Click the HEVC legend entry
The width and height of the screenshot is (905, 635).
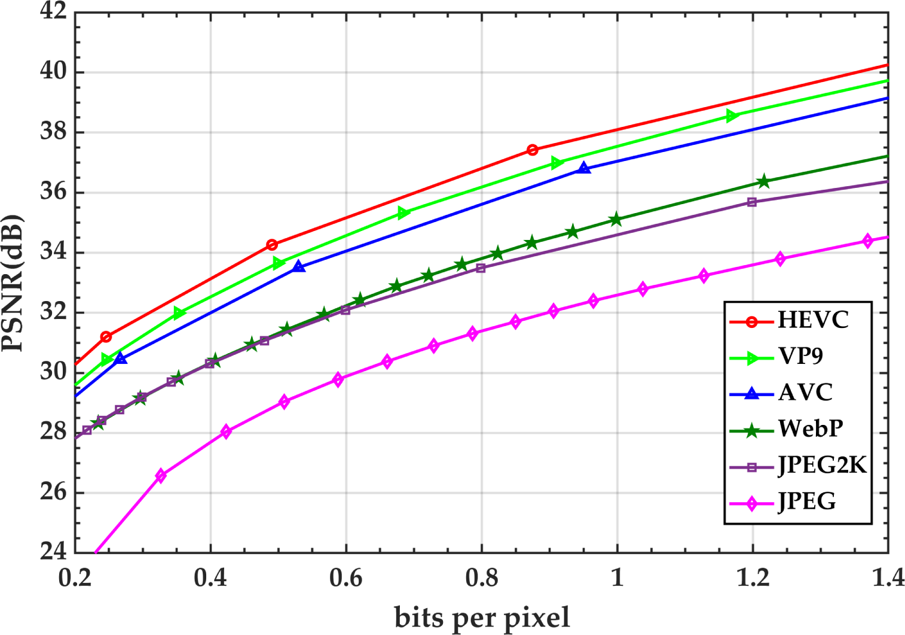click(x=812, y=320)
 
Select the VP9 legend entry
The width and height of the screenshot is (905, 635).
click(x=800, y=357)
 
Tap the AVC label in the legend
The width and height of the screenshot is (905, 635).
click(x=805, y=393)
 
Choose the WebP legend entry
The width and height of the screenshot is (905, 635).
click(x=810, y=429)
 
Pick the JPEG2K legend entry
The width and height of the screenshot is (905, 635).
click(x=822, y=465)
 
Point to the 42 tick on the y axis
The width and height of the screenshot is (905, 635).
click(x=53, y=11)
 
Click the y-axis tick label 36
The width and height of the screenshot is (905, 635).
click(x=53, y=192)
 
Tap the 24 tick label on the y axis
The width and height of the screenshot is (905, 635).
click(x=53, y=551)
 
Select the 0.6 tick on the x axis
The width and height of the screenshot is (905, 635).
click(x=346, y=579)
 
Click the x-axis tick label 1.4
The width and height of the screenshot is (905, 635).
click(x=888, y=579)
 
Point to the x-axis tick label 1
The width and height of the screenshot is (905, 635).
click(x=617, y=579)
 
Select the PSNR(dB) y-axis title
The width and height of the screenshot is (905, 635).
click(x=13, y=282)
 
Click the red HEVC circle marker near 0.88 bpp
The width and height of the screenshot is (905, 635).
click(x=533, y=150)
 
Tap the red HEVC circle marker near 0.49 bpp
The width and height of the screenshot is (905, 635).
click(x=272, y=245)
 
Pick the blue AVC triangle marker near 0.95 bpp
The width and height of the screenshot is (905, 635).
click(x=584, y=169)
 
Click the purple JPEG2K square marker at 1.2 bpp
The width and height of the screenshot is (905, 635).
click(x=752, y=202)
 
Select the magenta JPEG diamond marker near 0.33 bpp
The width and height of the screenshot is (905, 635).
click(x=160, y=476)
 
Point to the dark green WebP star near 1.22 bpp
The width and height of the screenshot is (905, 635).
click(x=763, y=181)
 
